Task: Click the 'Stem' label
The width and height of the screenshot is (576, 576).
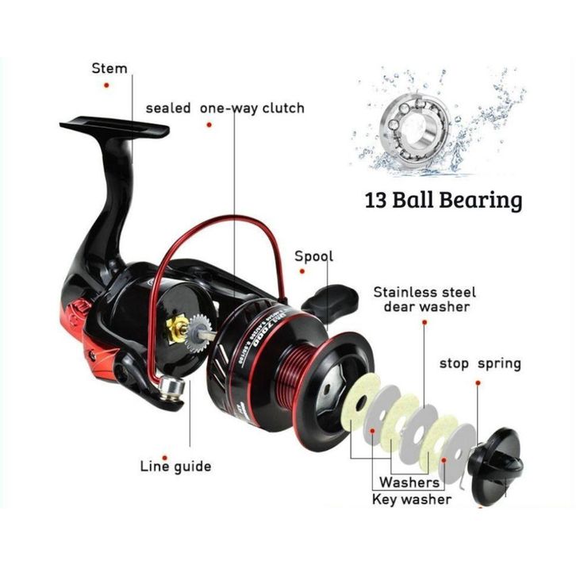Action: tap(109, 68)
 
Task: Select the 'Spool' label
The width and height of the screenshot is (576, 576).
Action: tap(314, 256)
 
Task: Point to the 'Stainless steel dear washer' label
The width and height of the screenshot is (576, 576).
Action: tap(421, 299)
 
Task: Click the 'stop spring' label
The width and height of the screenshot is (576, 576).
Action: tap(480, 364)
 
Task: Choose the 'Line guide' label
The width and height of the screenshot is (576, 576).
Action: tap(175, 466)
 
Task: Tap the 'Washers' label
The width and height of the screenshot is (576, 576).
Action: tap(409, 482)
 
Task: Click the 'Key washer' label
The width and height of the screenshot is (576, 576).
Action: tap(412, 499)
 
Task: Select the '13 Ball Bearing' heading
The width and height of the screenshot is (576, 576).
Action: tap(444, 199)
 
